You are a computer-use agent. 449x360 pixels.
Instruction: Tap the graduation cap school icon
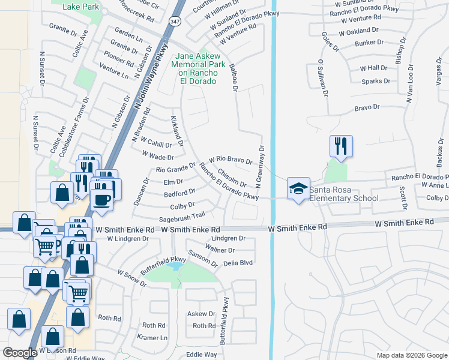click(298, 188)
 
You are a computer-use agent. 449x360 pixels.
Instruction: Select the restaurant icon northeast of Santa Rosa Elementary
click(340, 146)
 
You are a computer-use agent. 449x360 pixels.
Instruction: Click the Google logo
click(20, 353)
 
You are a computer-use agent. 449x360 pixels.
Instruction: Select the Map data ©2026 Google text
click(411, 355)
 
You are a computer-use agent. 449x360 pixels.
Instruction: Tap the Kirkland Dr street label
click(177, 131)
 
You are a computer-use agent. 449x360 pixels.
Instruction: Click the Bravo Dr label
click(367, 107)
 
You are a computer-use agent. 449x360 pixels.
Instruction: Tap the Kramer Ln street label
click(153, 338)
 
